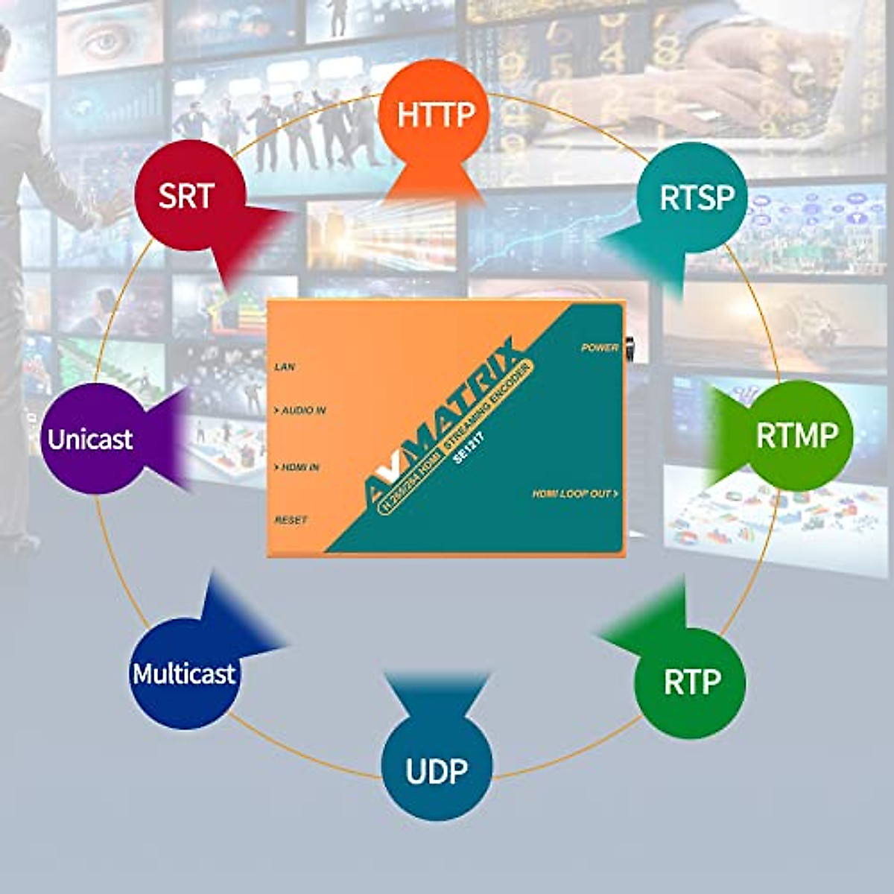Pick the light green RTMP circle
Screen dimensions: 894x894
[x=797, y=435]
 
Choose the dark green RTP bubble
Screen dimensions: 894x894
[x=690, y=682]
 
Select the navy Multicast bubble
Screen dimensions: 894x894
[x=184, y=674]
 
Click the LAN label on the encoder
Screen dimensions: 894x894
[x=285, y=367]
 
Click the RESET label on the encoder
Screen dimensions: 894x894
[x=291, y=519]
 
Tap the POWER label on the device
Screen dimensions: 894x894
[x=600, y=347]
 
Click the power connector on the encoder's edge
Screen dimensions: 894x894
[x=630, y=348]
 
